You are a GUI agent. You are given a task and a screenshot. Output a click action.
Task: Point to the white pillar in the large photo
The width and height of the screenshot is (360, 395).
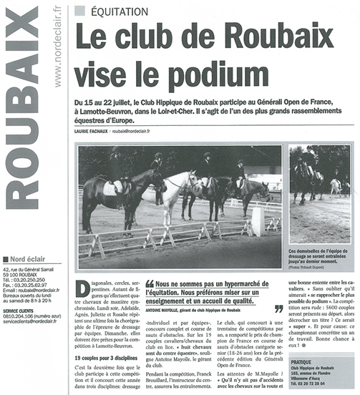click(x=258, y=221)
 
